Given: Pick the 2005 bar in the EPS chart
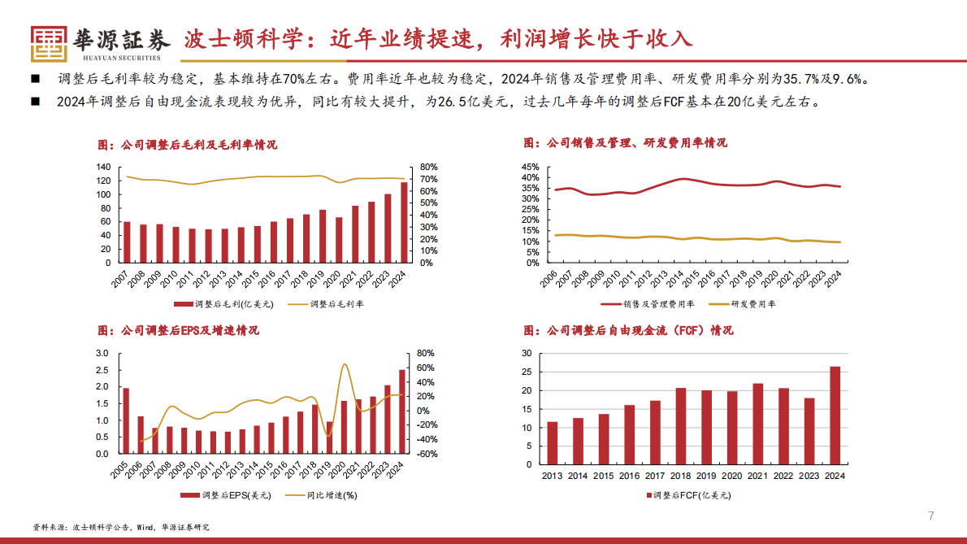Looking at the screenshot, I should (126, 421).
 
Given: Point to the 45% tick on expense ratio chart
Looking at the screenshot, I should (529, 167).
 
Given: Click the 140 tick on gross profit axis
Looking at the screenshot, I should (102, 168).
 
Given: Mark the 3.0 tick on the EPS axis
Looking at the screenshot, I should (102, 353).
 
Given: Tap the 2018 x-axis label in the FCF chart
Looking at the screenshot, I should (680, 477).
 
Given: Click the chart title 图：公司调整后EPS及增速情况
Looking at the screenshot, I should (178, 331).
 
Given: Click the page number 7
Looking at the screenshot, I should (931, 516).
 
